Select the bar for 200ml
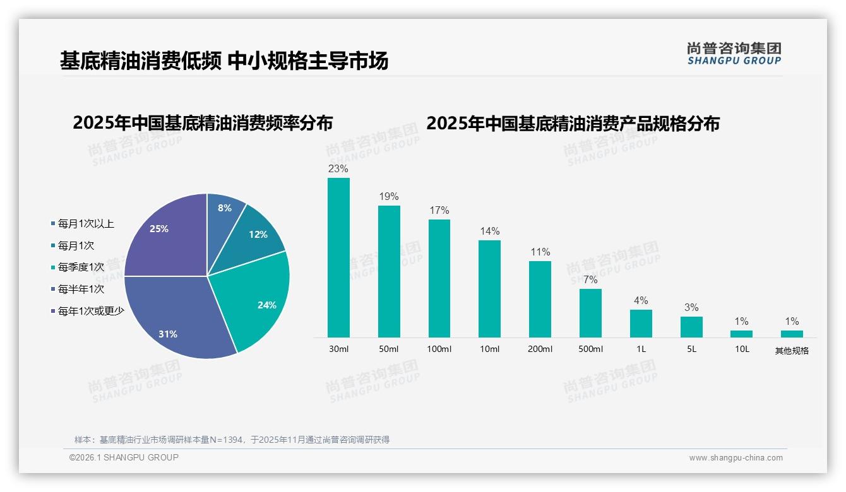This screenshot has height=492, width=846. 540,299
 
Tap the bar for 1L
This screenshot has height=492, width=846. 641,323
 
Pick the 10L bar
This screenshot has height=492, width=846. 741,334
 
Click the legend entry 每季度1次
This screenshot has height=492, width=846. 81,267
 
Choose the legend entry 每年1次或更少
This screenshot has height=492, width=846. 91,311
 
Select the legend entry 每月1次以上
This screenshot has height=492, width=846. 86,224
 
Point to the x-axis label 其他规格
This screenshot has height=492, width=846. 792,351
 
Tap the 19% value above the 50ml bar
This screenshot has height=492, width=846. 389,197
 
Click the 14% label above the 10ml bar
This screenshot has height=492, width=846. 489,231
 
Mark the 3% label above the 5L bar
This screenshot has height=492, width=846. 691,308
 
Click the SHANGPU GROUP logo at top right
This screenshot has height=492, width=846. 734,54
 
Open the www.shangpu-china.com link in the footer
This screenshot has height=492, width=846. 736,458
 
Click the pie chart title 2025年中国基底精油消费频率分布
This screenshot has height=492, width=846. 203,123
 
